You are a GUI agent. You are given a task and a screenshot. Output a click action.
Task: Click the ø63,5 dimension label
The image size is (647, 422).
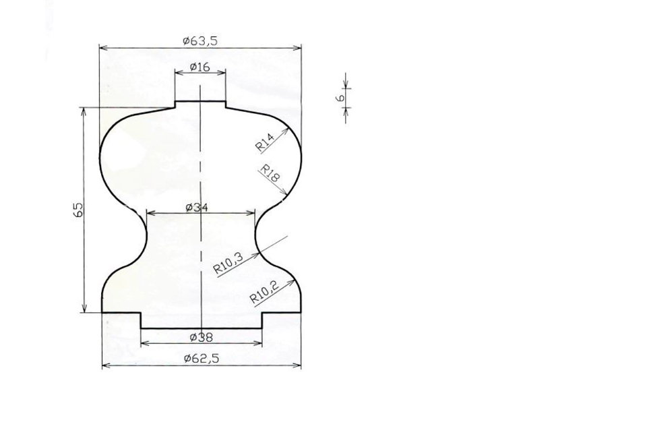tap(199, 41)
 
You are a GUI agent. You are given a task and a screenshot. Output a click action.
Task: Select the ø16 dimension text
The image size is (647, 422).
tap(200, 67)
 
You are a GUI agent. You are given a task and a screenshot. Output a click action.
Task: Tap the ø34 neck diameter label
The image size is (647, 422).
tap(197, 207)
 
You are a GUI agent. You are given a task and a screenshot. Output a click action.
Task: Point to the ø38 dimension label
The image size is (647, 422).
tap(202, 337)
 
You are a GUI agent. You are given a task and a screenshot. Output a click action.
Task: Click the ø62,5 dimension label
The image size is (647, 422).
tap(202, 359)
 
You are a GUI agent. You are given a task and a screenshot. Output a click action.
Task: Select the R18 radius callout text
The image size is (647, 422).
tap(270, 173)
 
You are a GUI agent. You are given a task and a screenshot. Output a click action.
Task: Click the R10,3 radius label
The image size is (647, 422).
tap(228, 264)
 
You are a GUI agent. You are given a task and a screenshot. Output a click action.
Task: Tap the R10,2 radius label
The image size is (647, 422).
tap(265, 292)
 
